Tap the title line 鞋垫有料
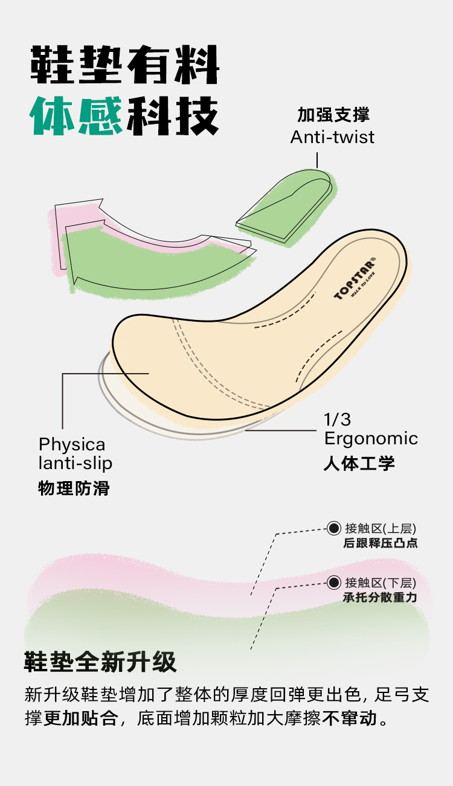(125, 64)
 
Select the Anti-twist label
(332, 137)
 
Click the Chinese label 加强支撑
(333, 115)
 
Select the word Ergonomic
(371, 438)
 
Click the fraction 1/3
(337, 420)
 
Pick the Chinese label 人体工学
(359, 463)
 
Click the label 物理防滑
(74, 488)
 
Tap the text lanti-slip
(75, 464)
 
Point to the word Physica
(72, 445)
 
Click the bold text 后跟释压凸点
(380, 543)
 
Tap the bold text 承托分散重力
(380, 598)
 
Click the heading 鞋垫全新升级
(100, 662)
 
